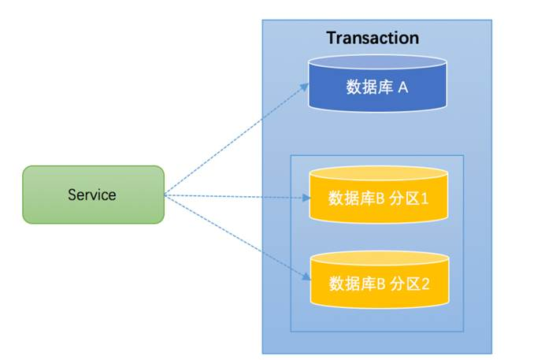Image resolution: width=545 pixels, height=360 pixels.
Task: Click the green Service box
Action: (93, 194)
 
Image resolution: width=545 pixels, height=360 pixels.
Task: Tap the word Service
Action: (92, 195)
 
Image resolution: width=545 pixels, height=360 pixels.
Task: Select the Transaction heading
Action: (373, 38)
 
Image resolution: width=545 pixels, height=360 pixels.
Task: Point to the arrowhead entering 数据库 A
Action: (306, 87)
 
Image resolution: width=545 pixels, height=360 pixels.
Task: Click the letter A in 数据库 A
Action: (402, 87)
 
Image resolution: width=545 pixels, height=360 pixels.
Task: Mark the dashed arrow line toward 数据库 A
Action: (236, 139)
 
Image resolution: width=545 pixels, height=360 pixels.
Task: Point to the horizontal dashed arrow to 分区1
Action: (236, 196)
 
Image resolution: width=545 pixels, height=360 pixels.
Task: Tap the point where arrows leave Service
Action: (165, 195)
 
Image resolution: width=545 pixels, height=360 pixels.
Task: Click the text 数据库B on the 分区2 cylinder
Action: (355, 283)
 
